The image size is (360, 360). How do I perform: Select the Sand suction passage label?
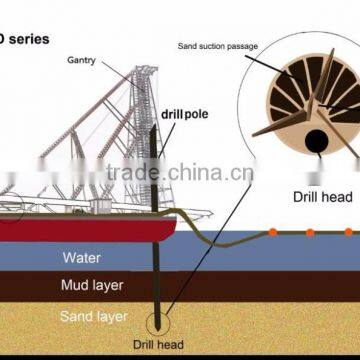pyautogui.click(x=217, y=44)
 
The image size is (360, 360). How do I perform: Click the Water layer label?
pyautogui.click(x=81, y=258)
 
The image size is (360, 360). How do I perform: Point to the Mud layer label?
pyautogui.click(x=92, y=286)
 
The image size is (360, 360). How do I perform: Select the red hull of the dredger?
pyautogui.click(x=80, y=229)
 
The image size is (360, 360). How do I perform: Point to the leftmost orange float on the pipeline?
pyautogui.click(x=272, y=232)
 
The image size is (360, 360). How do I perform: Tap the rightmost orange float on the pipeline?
pyautogui.click(x=348, y=233)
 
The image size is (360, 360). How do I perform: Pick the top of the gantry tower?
pyautogui.click(x=147, y=71)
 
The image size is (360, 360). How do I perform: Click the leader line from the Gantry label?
pyautogui.click(x=126, y=66)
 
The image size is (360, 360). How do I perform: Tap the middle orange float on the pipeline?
pyautogui.click(x=311, y=233)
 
